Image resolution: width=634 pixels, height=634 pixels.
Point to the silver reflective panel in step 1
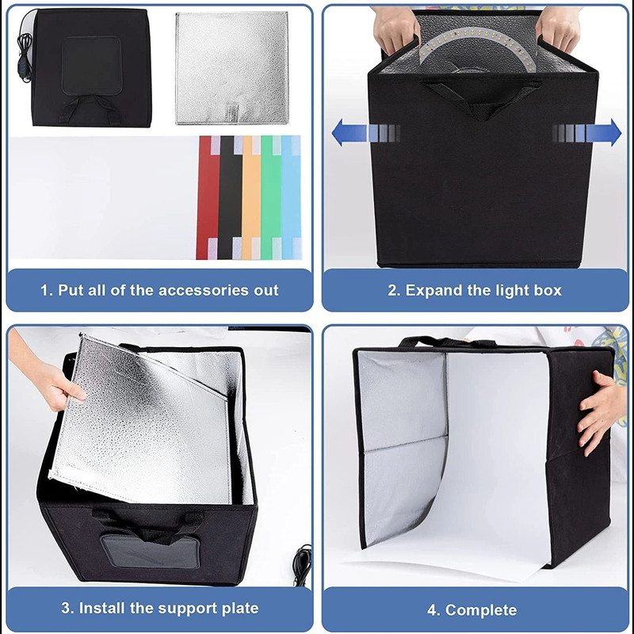coord(231,67)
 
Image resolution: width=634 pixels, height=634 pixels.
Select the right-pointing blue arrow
coord(590,132)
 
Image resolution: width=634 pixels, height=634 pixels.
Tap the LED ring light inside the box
coord(475,48)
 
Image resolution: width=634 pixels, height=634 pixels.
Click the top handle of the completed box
coord(444,342)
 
